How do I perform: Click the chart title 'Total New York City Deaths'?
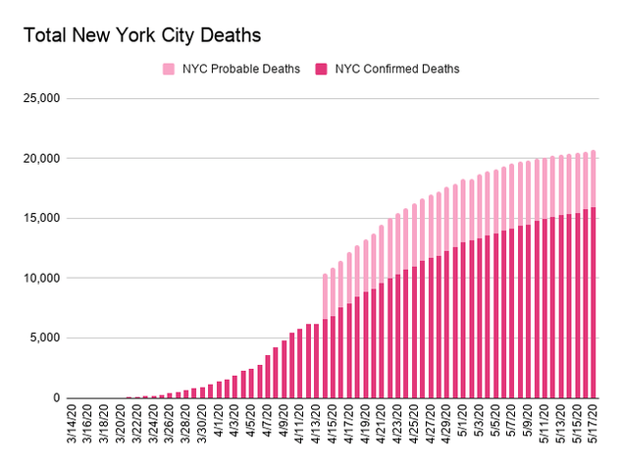click(142, 35)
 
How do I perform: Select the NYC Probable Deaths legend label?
click(240, 69)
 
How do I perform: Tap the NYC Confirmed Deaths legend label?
click(397, 69)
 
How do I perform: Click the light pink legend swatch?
click(169, 69)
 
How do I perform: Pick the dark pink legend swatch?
click(321, 69)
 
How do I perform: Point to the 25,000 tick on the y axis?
click(41, 98)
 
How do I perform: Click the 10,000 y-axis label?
click(41, 278)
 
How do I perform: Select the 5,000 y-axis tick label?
click(44, 337)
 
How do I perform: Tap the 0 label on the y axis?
click(57, 397)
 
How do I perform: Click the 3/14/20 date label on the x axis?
click(72, 424)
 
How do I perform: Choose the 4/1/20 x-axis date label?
click(219, 421)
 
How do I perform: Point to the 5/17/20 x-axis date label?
click(593, 424)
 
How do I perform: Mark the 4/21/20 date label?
click(382, 424)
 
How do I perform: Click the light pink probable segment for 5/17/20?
click(594, 179)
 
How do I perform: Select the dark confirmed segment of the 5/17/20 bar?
click(594, 302)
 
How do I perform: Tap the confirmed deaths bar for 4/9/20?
click(285, 369)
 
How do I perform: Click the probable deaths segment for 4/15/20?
click(334, 292)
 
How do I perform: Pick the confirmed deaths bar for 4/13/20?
click(317, 361)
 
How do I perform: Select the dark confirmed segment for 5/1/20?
click(463, 320)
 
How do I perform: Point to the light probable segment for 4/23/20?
click(398, 244)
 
